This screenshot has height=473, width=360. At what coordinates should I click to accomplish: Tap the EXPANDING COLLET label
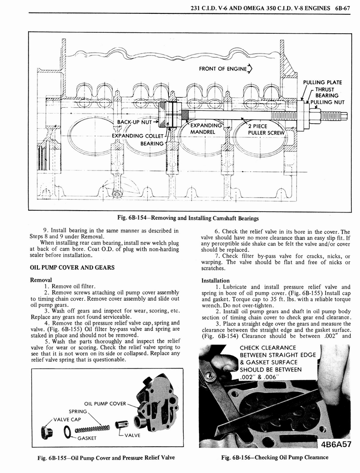coord(138,136)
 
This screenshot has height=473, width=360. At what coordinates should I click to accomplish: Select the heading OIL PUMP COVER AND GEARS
coord(72,267)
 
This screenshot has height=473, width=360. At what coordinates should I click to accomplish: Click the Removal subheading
coord(41,280)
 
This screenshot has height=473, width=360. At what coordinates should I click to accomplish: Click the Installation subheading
coord(216,280)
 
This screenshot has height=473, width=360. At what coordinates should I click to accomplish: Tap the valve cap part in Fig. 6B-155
coord(47,432)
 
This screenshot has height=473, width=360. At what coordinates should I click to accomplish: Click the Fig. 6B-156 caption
coord(275,458)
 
